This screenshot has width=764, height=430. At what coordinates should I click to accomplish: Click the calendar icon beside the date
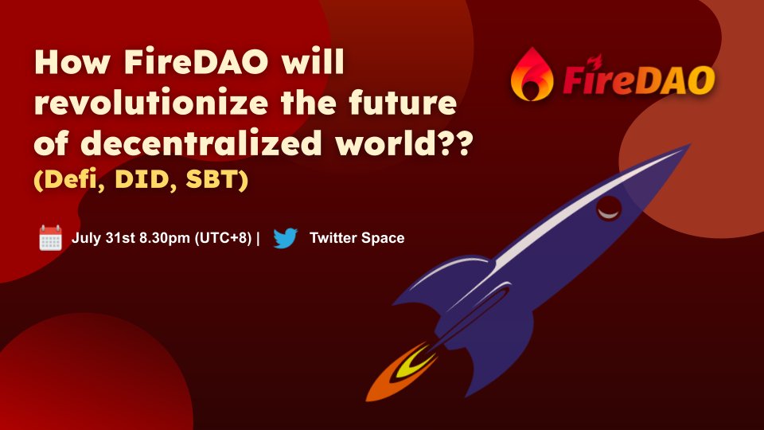[x=50, y=238]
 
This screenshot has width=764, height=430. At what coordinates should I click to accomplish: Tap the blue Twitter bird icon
[x=285, y=238]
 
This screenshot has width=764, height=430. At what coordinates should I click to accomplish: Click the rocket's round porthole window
[x=610, y=209]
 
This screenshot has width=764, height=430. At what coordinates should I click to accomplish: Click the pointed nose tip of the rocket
[x=686, y=147]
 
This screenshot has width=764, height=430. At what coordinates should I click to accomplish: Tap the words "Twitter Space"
[x=357, y=238]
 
